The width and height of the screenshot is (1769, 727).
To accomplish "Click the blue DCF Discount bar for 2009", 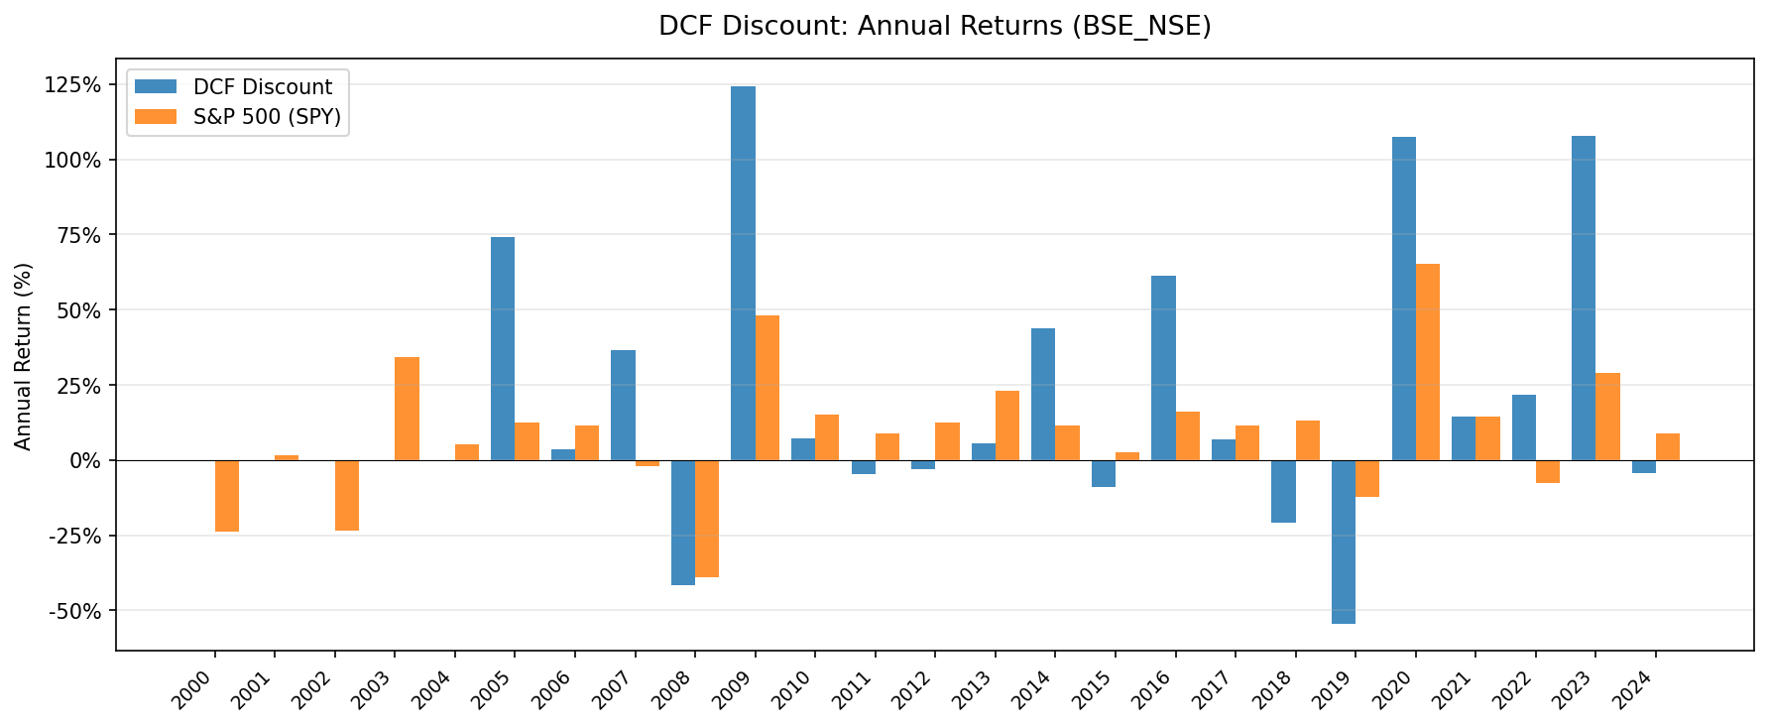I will tap(743, 273).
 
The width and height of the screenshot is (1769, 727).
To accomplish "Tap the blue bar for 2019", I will tap(1344, 542).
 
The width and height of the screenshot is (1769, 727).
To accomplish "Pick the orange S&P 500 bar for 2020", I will tap(1428, 362).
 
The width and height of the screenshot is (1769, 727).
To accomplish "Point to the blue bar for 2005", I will tap(503, 348).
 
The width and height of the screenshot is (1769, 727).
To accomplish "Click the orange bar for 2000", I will tap(227, 496).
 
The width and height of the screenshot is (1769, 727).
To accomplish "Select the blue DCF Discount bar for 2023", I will tap(1584, 298).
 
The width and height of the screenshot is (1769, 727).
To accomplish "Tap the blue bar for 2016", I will tap(1163, 368).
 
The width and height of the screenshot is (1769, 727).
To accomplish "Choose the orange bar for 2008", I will tap(707, 519).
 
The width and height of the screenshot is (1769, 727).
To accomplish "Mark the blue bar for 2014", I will tap(1043, 394).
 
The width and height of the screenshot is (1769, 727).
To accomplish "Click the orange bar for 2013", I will tap(1007, 425).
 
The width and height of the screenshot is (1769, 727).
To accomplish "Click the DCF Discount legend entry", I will tap(263, 87).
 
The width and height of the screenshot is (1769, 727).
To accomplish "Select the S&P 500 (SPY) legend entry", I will tap(267, 117).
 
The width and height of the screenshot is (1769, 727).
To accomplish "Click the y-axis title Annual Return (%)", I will tap(24, 356).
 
